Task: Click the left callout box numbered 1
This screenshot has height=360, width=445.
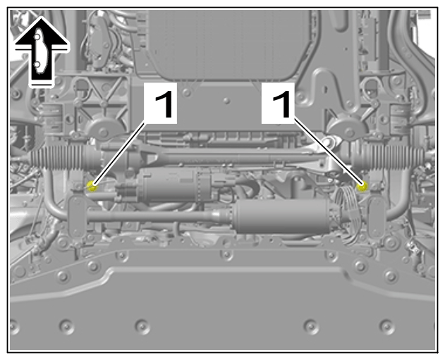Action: (x=161, y=103)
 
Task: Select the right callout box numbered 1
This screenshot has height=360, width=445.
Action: (x=278, y=103)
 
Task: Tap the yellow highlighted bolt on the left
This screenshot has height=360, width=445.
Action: (x=92, y=186)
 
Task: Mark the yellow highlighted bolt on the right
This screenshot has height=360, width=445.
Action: (x=362, y=186)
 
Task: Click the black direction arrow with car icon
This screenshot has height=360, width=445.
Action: (x=42, y=51)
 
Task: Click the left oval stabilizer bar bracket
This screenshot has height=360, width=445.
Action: (x=77, y=217)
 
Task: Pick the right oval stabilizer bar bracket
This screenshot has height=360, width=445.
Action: (x=377, y=217)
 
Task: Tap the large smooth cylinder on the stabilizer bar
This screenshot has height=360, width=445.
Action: (x=281, y=216)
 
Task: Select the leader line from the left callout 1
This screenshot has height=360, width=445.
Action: (x=119, y=152)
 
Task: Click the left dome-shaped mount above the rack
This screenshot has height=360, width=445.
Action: (x=104, y=127)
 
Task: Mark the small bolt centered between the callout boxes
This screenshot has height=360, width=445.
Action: (x=226, y=101)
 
